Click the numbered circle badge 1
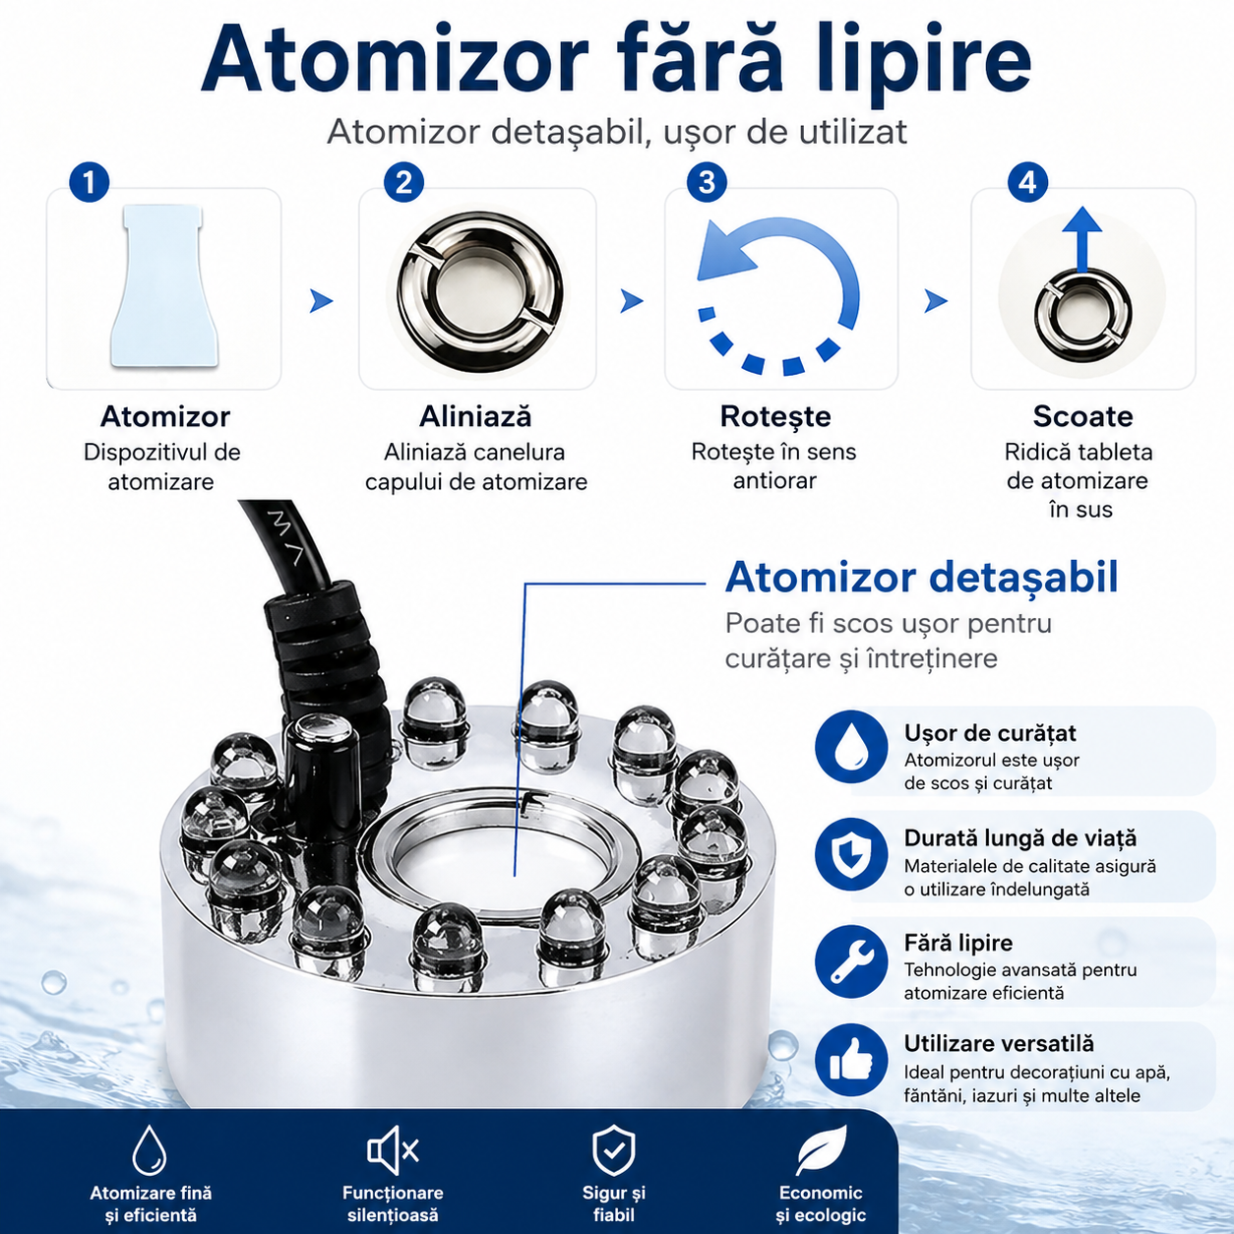[89, 182]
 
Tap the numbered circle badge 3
[707, 182]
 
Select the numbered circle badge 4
[1027, 182]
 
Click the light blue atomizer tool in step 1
[163, 286]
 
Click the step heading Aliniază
[475, 417]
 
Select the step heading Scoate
[1082, 417]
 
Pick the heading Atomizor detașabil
[921, 578]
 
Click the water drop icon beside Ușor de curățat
[851, 746]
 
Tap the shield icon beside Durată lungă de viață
[851, 855]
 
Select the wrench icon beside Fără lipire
[851, 961]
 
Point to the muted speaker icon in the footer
[393, 1150]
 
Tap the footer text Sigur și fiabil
[613, 1203]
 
